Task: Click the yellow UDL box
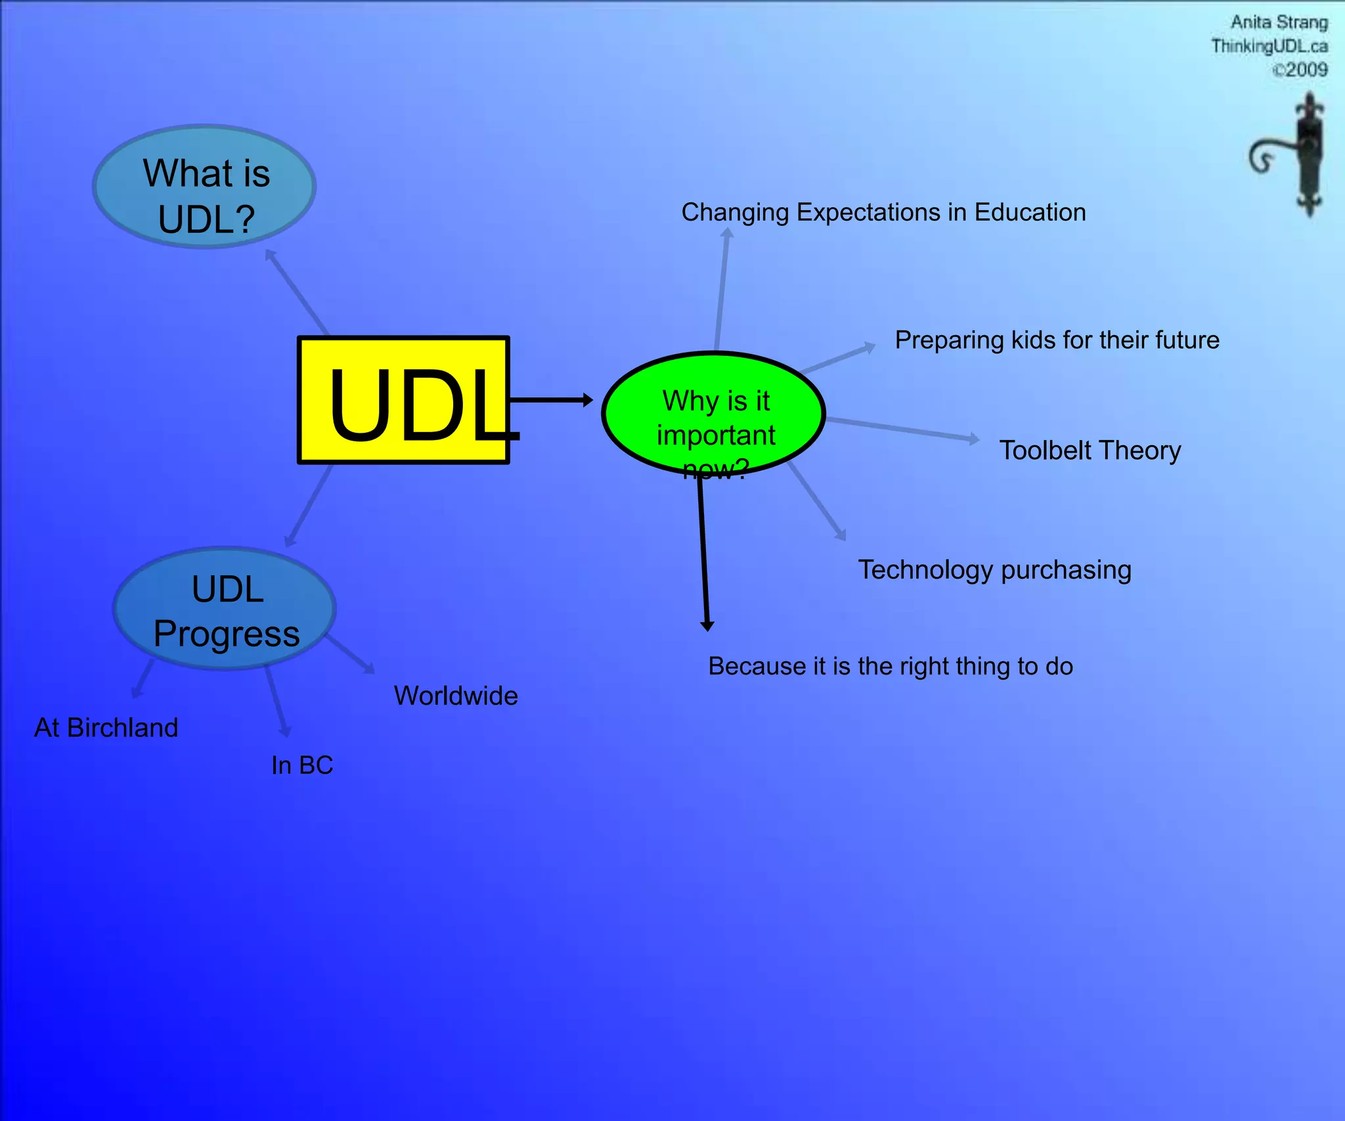point(403,400)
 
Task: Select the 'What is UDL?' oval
point(204,187)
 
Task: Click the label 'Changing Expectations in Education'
point(883,212)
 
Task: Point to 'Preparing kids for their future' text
point(1057,340)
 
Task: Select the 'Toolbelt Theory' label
point(1090,451)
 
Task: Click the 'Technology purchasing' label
point(994,569)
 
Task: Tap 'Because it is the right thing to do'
point(890,666)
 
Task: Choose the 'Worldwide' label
point(456,695)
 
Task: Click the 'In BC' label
point(302,765)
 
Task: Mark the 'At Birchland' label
point(106,728)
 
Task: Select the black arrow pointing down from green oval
point(703,552)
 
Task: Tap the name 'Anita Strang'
point(1279,22)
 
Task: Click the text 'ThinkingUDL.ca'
point(1269,46)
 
